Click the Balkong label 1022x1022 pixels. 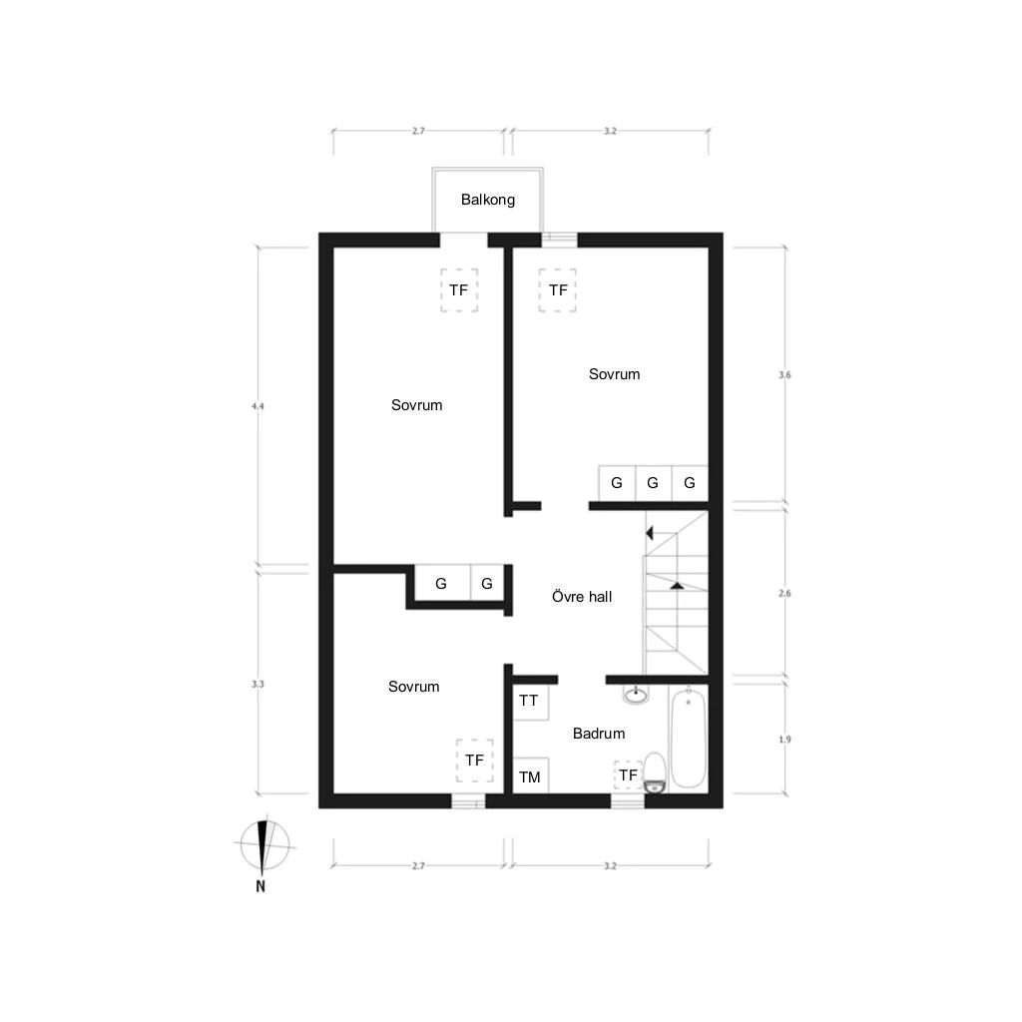[x=487, y=200]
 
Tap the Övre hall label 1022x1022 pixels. [x=582, y=597]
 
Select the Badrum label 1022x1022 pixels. [x=599, y=734]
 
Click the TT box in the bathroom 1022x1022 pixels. [x=531, y=702]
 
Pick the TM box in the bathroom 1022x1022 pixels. [x=531, y=775]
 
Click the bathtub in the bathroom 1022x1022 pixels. [x=689, y=738]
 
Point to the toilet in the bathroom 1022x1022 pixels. [x=655, y=773]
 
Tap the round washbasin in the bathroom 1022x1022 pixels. [x=636, y=695]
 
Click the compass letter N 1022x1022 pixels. [x=260, y=886]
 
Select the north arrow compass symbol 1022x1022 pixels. [x=262, y=845]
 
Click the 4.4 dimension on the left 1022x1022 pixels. [x=258, y=406]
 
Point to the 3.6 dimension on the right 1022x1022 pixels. [x=784, y=375]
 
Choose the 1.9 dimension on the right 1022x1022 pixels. [x=784, y=740]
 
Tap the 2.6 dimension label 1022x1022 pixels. [x=784, y=593]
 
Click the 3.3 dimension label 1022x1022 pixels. [x=258, y=684]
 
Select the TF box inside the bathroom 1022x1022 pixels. [x=629, y=774]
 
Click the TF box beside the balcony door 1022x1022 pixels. [x=459, y=290]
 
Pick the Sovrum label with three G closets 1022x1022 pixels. [x=614, y=374]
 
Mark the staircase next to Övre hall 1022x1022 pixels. [x=676, y=593]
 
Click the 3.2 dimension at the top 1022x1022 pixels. [x=610, y=131]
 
